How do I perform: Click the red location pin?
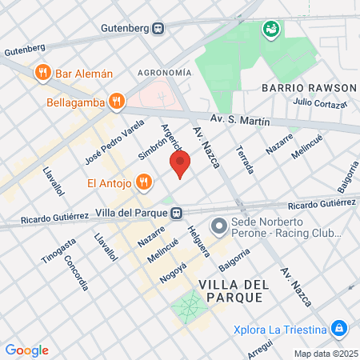pos(180,164)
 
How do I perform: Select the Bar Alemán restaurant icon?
pos(42,73)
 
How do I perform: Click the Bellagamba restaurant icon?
pos(117,100)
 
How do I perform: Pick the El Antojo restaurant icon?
pos(144,182)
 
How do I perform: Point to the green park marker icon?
pos(271,30)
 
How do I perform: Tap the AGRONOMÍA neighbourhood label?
pos(165,73)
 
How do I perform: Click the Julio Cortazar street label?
pos(320,102)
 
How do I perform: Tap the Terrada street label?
pos(245,160)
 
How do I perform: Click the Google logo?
pos(26,350)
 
